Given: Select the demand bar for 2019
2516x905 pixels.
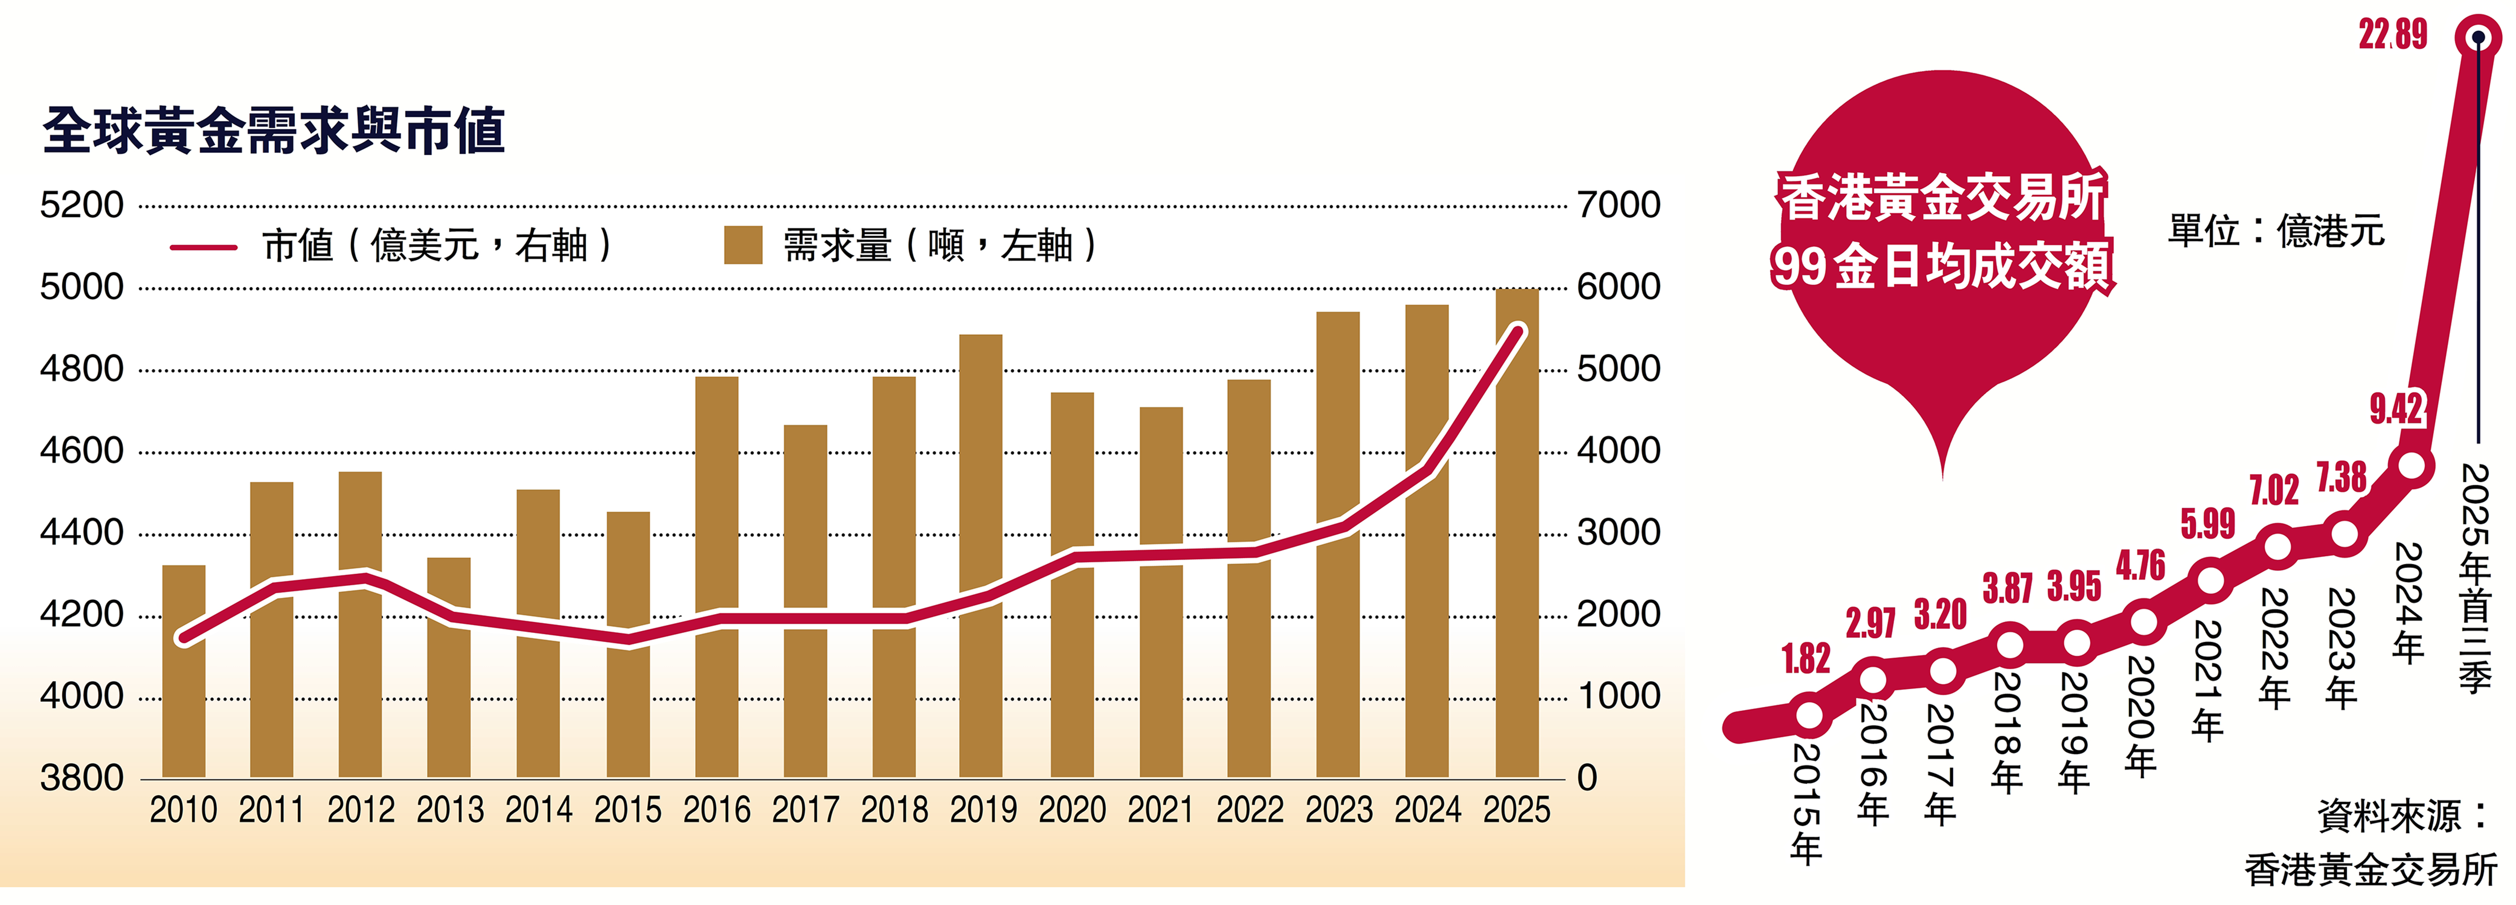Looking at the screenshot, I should [x=981, y=557].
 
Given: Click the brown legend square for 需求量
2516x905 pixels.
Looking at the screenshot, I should [x=742, y=245].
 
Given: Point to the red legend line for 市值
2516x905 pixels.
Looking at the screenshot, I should [x=203, y=247].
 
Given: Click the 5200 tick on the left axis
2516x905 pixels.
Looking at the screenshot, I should [x=82, y=205].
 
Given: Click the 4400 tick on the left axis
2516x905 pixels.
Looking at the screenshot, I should [x=82, y=533].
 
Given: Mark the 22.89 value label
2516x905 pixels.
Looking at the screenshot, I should [x=2392, y=35].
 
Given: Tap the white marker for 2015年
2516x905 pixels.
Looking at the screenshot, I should [x=1809, y=714].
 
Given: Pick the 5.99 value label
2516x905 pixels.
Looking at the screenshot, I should [x=2208, y=524].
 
